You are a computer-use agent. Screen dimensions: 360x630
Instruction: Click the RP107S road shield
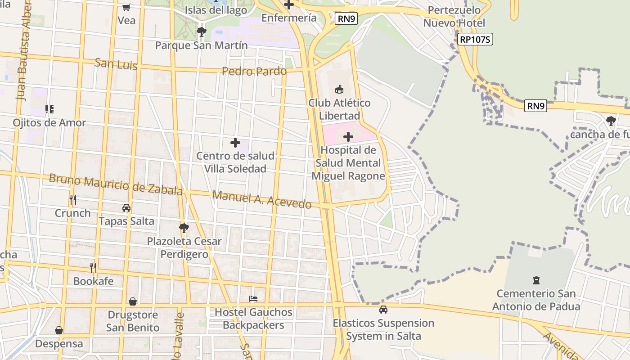[x=475, y=40]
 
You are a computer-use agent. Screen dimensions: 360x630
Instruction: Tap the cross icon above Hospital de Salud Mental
[x=348, y=137]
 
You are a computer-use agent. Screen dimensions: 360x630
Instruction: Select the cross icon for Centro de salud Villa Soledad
[x=235, y=143]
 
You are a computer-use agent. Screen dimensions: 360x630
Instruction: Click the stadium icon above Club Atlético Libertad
[x=339, y=90]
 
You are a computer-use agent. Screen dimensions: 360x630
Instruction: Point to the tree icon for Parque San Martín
[x=201, y=32]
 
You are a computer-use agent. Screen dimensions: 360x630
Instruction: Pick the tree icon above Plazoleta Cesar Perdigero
[x=184, y=228]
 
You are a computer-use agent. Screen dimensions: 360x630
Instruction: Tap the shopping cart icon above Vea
[x=126, y=7]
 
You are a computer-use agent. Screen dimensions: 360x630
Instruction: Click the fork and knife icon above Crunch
[x=72, y=199]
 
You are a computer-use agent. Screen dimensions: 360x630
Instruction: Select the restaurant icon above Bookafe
[x=93, y=268]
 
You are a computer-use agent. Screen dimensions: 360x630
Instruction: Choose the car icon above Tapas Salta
[x=126, y=208]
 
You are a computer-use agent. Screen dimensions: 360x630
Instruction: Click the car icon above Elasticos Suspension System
[x=383, y=310]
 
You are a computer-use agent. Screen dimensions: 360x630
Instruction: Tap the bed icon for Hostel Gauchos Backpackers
[x=253, y=299]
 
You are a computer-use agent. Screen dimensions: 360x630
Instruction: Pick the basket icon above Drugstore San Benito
[x=133, y=301]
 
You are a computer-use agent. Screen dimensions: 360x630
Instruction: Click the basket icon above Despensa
[x=59, y=330]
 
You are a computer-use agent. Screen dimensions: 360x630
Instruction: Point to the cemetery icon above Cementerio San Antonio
[x=536, y=280]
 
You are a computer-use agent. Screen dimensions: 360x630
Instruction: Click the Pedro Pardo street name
[x=254, y=71]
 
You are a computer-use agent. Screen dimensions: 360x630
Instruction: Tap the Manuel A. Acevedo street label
[x=261, y=199]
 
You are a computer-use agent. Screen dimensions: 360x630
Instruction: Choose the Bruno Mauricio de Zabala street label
[x=116, y=184]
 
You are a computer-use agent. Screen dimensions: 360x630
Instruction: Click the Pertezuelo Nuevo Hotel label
[x=454, y=17]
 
